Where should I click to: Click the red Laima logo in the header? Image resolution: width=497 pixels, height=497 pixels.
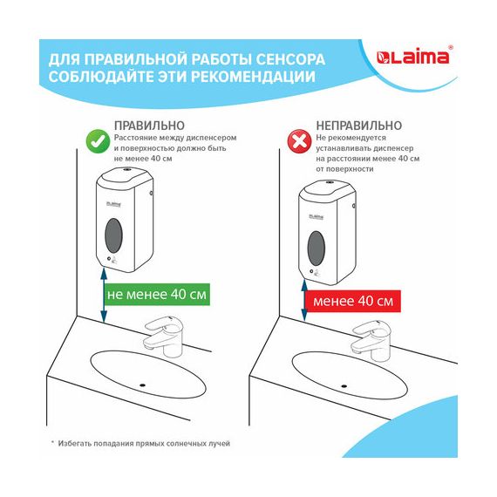pyautogui.click(x=413, y=57)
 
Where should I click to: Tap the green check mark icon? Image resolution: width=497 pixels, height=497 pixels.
pyautogui.click(x=98, y=141)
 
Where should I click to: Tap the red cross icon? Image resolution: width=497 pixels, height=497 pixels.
pyautogui.click(x=298, y=141)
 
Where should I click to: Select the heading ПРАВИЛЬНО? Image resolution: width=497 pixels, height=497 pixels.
pyautogui.click(x=149, y=126)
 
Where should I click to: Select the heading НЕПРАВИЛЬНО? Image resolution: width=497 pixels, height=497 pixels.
pyautogui.click(x=359, y=126)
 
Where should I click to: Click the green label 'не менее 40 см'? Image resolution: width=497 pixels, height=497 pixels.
pyautogui.click(x=157, y=295)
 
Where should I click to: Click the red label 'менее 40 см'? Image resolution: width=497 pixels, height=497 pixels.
pyautogui.click(x=353, y=301)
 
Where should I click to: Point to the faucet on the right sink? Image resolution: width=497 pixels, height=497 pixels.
pyautogui.click(x=371, y=341)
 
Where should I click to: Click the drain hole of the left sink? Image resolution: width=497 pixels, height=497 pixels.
pyautogui.click(x=143, y=385)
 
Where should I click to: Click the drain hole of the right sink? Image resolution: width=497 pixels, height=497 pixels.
pyautogui.click(x=344, y=386)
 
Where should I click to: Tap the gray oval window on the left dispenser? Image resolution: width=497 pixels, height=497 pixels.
pyautogui.click(x=113, y=235)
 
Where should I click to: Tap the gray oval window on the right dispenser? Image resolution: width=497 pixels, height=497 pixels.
pyautogui.click(x=317, y=248)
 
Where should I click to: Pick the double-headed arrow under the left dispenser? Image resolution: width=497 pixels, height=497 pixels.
pyautogui.click(x=104, y=295)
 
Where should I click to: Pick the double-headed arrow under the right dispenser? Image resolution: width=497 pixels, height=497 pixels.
pyautogui.click(x=304, y=300)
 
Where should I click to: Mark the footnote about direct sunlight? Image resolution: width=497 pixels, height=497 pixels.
pyautogui.click(x=140, y=444)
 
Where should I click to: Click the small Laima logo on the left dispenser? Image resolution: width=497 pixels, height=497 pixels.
pyautogui.click(x=113, y=204)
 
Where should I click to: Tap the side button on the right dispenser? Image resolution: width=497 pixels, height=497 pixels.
pyautogui.click(x=354, y=207)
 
